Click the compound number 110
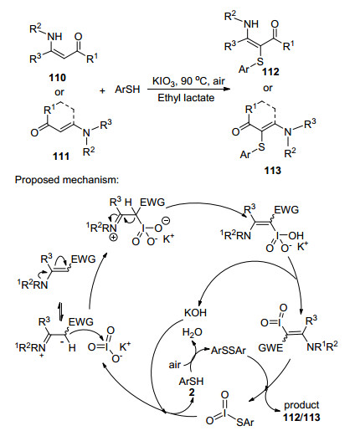click(58, 77)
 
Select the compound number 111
click(61, 156)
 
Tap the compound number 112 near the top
click(270, 72)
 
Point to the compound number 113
click(272, 170)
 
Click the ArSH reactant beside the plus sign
click(127, 90)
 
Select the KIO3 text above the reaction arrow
click(163, 82)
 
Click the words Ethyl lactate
click(186, 98)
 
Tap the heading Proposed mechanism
click(67, 180)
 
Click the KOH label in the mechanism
click(195, 312)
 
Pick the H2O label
click(193, 332)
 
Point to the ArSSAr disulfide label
click(229, 350)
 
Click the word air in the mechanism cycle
click(175, 365)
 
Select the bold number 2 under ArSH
click(192, 392)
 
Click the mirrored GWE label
click(270, 347)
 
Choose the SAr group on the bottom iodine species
click(245, 422)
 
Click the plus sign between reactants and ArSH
click(102, 90)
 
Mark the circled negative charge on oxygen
click(166, 221)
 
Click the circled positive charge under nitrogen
click(115, 237)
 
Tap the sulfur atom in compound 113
click(261, 147)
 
